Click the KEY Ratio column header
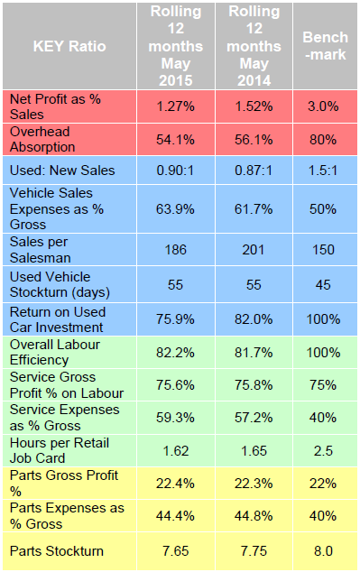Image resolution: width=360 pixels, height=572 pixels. coord(69,45)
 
